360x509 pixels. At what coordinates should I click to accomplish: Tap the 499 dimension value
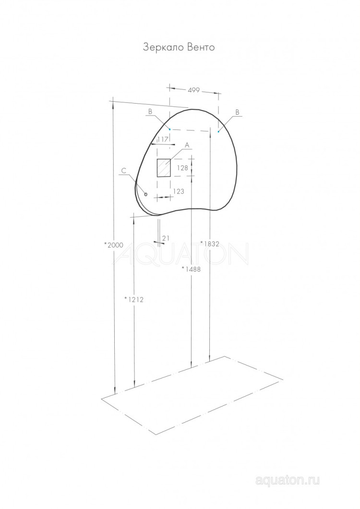[193, 90]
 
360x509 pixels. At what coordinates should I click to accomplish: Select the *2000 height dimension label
[114, 245]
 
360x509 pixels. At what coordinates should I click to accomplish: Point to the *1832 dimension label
[210, 243]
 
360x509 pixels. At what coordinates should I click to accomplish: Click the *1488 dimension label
[191, 269]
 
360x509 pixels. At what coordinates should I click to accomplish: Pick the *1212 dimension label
[134, 300]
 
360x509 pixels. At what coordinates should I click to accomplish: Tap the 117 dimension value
[162, 139]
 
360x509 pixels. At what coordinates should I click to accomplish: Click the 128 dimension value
[182, 168]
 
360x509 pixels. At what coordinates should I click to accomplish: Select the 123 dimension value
[179, 191]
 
